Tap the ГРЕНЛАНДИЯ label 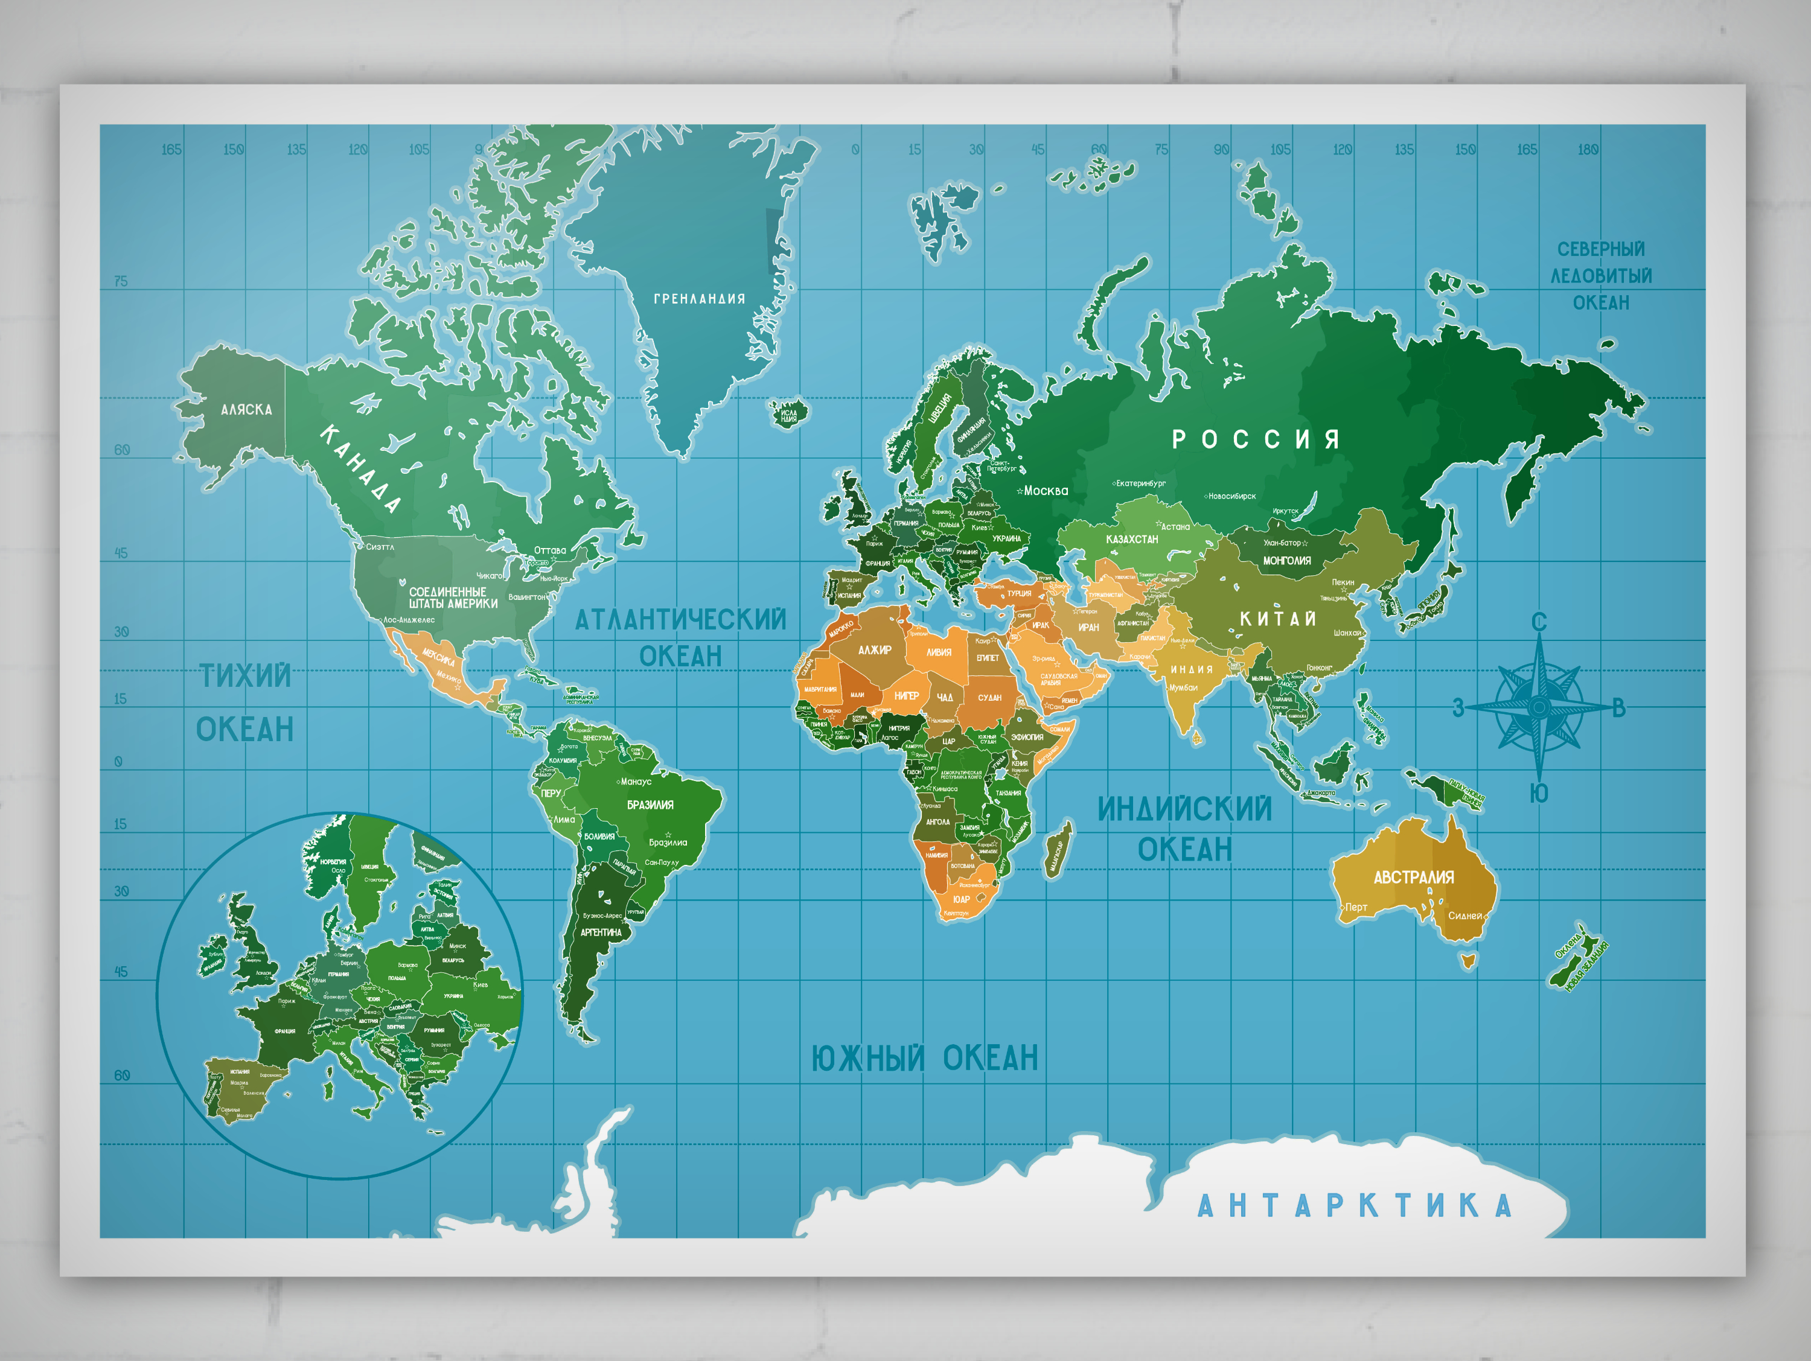pos(699,299)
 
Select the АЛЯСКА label pos(246,409)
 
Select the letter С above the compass pos(1539,623)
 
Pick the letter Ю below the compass pos(1539,793)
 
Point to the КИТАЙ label pos(1277,619)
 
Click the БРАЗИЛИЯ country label pos(650,805)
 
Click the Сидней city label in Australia pos(1464,916)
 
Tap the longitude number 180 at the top pos(1588,150)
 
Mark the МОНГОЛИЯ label pos(1286,561)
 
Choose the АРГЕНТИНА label pos(601,932)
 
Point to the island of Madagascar pos(1057,850)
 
